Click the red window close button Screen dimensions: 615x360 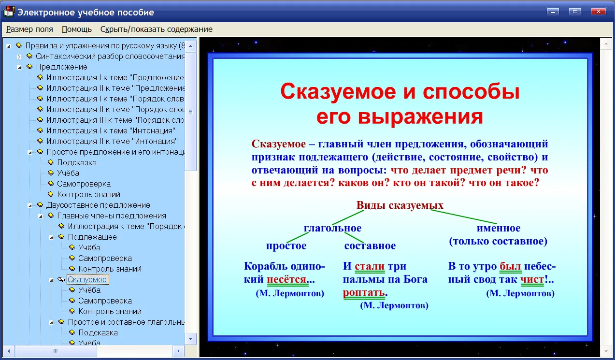point(598,12)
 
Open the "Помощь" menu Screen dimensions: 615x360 point(77,29)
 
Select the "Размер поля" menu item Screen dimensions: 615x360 point(29,29)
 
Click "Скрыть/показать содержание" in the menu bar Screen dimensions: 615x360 point(156,29)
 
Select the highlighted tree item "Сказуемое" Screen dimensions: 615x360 point(87,279)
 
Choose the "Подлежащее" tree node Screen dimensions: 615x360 point(92,237)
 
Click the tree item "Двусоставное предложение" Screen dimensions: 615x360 point(98,205)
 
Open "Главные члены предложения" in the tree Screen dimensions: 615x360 point(112,216)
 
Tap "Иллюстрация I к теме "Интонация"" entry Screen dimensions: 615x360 point(111,130)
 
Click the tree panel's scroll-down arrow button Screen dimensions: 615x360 point(190,339)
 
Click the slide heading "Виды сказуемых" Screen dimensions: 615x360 point(400,205)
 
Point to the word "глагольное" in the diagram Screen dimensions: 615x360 point(332,228)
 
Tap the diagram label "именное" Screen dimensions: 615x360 point(498,228)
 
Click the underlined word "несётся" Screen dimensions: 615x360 point(286,279)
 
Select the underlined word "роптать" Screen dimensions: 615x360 point(364,293)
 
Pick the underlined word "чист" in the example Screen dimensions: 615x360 point(532,279)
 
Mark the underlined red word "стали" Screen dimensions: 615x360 point(370,266)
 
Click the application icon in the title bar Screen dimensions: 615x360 point(9,12)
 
